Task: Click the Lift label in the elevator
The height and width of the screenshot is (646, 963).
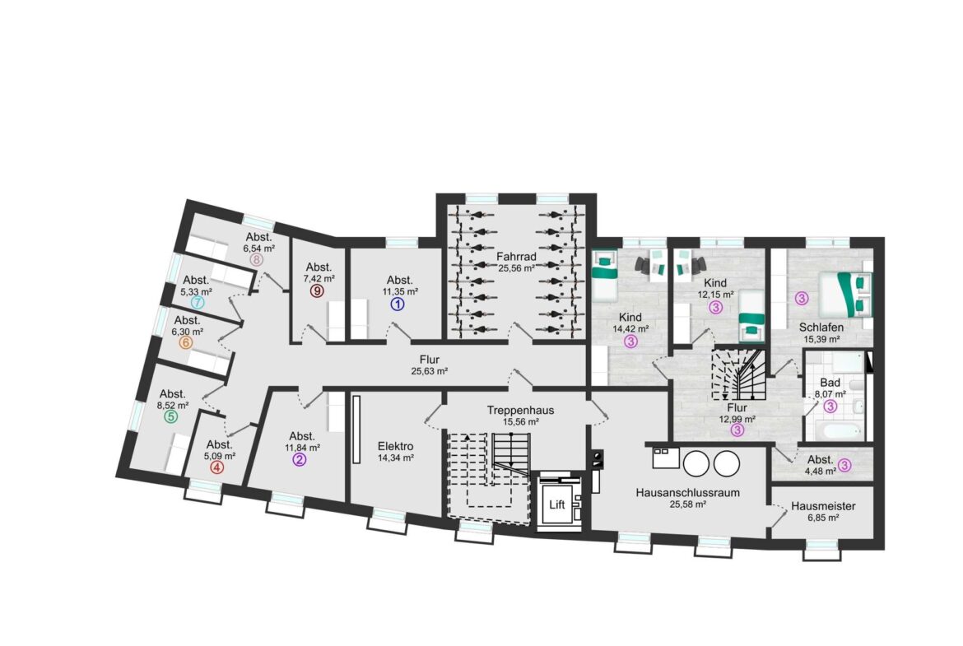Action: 557,504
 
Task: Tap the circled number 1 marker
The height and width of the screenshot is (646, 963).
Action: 398,304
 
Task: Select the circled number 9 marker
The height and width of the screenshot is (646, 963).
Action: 317,291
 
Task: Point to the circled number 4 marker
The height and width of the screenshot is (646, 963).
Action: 216,467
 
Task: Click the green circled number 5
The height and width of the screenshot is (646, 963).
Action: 170,417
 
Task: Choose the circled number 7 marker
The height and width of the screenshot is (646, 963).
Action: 198,303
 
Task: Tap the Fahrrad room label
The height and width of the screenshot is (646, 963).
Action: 517,257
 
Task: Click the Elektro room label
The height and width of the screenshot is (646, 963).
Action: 396,446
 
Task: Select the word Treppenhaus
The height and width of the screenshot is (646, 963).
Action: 521,410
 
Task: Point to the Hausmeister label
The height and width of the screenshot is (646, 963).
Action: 823,507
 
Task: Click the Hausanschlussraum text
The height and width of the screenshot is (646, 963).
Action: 688,492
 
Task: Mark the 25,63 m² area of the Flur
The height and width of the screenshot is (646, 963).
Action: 430,371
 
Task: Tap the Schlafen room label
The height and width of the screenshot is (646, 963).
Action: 821,328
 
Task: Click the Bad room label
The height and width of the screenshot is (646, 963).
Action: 830,383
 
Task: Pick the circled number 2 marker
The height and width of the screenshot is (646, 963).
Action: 299,459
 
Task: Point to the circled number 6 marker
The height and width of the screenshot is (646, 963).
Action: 185,343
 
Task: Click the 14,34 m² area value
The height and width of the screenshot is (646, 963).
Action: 396,458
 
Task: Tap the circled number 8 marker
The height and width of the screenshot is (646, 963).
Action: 256,260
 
